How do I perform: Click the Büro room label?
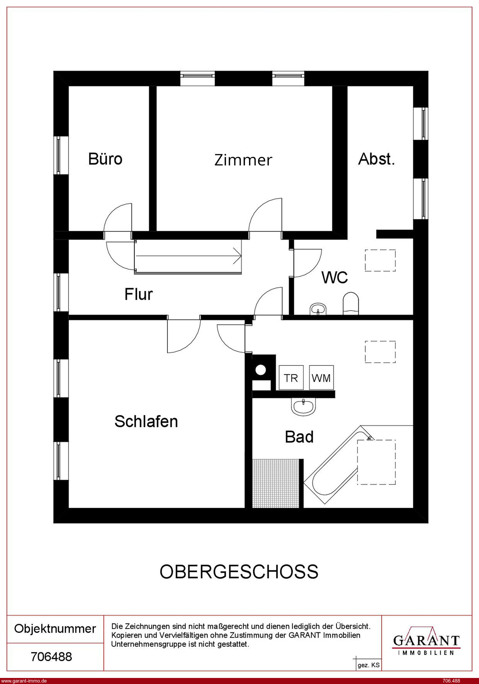tap(105, 159)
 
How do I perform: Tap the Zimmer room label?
tap(243, 160)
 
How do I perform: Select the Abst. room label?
tap(377, 159)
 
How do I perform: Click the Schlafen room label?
tap(146, 421)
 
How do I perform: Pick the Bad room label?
tap(299, 437)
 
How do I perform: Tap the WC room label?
tap(335, 277)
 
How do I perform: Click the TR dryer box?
tap(291, 377)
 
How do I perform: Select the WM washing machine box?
tap(321, 377)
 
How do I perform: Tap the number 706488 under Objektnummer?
tap(52, 657)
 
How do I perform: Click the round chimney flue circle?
tap(261, 370)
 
